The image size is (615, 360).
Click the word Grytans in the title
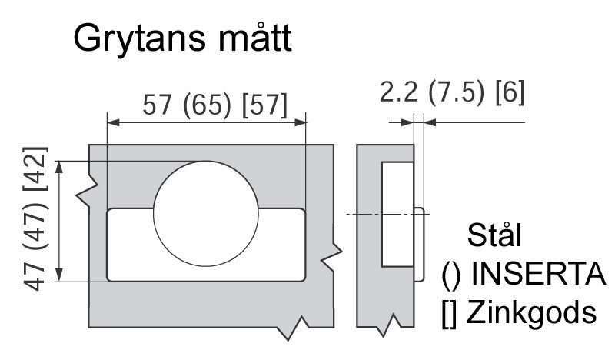[139, 38]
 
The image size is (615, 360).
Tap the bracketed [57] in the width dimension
[264, 105]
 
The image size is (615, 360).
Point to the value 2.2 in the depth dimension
[399, 92]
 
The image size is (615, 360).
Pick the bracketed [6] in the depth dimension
[510, 92]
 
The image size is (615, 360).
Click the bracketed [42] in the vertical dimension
[35, 168]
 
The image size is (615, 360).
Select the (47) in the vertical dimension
[35, 226]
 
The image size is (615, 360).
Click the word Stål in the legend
[494, 235]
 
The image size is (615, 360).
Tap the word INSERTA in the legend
[538, 274]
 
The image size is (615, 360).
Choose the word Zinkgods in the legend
[531, 313]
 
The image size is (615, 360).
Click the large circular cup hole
[206, 214]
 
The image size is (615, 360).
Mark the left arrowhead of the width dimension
[113, 122]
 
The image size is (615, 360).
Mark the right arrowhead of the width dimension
[300, 122]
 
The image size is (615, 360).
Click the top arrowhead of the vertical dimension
[59, 167]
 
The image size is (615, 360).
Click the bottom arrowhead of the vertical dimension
[59, 275]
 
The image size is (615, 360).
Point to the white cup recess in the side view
[397, 215]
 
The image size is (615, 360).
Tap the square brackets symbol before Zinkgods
[449, 314]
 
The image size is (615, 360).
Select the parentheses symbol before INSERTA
[451, 275]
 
